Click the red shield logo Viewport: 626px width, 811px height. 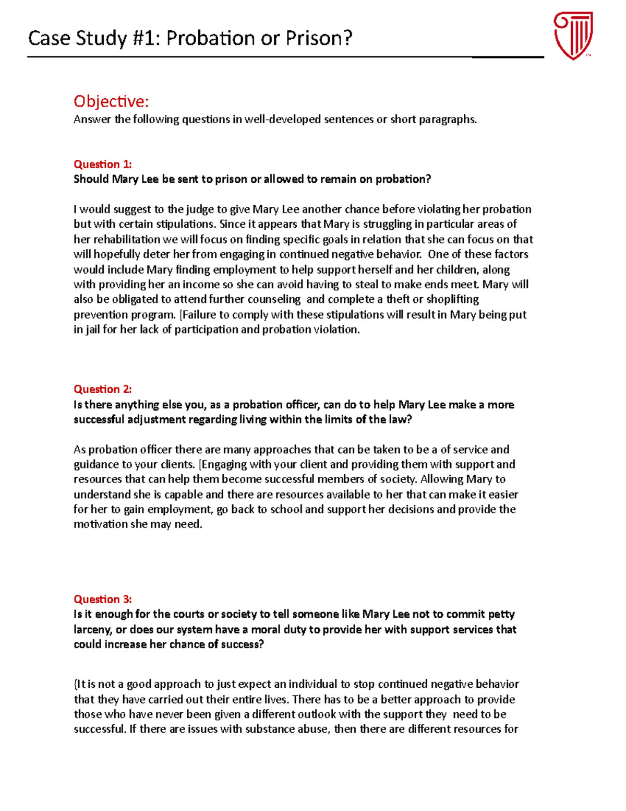click(x=573, y=36)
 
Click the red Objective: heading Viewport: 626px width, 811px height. click(x=111, y=101)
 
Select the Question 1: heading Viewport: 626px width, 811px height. click(x=103, y=164)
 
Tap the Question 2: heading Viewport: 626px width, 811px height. click(x=103, y=389)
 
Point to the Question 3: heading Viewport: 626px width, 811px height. click(x=103, y=599)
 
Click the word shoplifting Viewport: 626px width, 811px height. click(x=452, y=299)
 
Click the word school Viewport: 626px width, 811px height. click(x=286, y=510)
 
